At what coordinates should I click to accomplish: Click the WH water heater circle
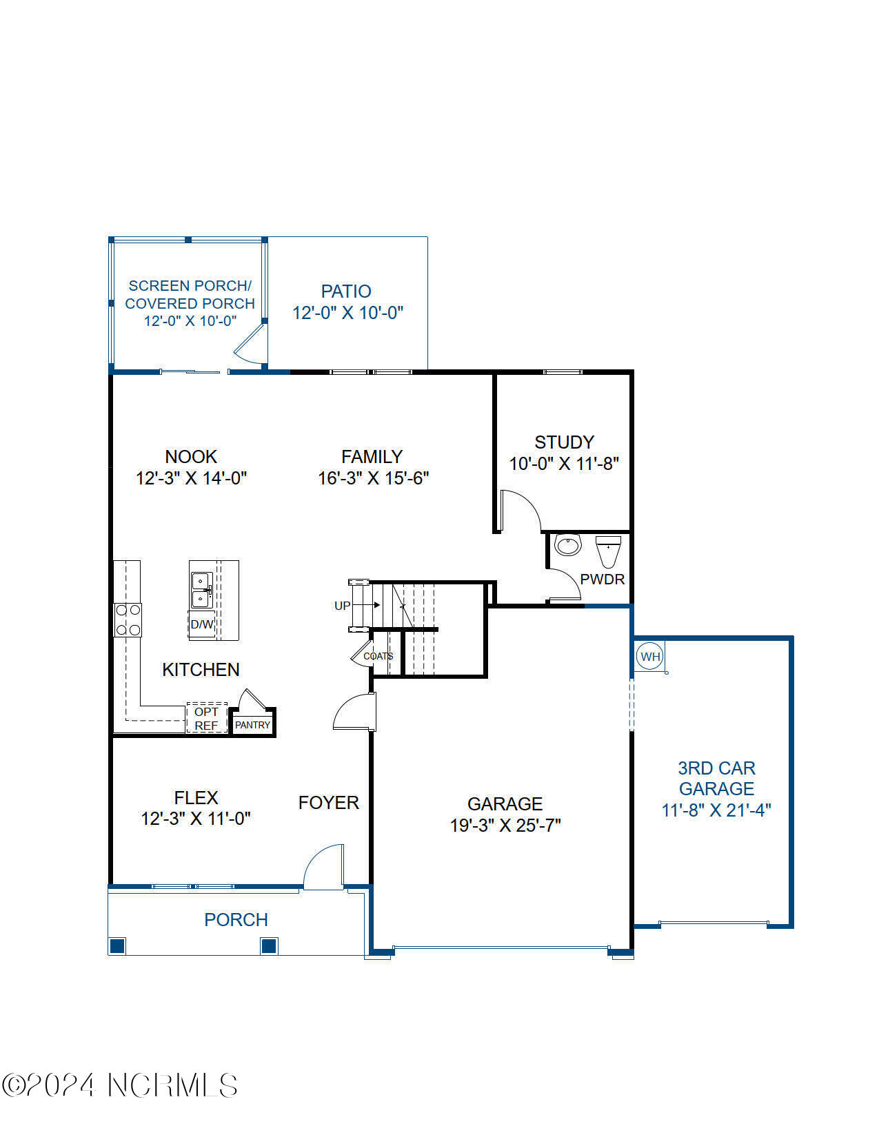pos(649,656)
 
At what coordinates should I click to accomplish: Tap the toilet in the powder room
pos(608,551)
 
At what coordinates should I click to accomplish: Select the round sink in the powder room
pos(568,544)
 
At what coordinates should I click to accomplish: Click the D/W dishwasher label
pos(202,624)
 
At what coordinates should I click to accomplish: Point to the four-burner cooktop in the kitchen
pos(128,620)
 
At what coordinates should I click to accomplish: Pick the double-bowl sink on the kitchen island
pos(201,590)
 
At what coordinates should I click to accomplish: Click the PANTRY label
pos(252,725)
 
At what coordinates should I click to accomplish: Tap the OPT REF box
pos(206,718)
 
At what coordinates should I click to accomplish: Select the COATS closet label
pos(378,656)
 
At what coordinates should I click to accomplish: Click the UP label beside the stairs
pos(342,606)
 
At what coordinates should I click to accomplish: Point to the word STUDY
pos(564,442)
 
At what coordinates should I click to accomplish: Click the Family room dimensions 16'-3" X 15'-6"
pos(373,478)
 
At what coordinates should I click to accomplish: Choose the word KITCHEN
pos(201,670)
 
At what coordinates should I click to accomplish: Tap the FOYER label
pos(329,803)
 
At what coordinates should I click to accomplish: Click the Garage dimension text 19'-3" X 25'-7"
pos(505,825)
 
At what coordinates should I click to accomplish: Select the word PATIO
pos(346,291)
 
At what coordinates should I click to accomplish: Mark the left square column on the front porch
pos(117,945)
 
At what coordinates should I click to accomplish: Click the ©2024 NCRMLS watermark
pos(120,1085)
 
